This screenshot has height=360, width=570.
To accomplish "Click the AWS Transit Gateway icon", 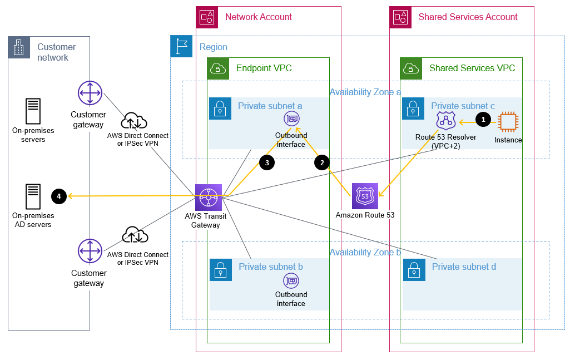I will tap(209, 197).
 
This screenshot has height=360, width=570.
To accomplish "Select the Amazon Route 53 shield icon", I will tap(365, 196).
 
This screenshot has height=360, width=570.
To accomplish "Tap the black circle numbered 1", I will tap(483, 119).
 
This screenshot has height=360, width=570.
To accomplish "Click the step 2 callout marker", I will tap(321, 162).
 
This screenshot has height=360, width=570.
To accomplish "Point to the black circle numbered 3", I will tap(266, 162).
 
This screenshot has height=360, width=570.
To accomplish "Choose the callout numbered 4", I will tap(58, 196).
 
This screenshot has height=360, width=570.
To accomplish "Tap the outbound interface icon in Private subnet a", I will tap(291, 119).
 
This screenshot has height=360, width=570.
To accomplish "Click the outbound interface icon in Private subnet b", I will tap(291, 280).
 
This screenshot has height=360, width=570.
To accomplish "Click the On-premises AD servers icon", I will tap(33, 196).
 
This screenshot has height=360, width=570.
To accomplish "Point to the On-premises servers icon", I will tap(33, 111).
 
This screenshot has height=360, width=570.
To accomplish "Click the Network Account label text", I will tap(258, 17).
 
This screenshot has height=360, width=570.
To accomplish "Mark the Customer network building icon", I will tap(19, 48).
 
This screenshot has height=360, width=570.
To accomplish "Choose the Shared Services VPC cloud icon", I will tap(411, 68).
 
